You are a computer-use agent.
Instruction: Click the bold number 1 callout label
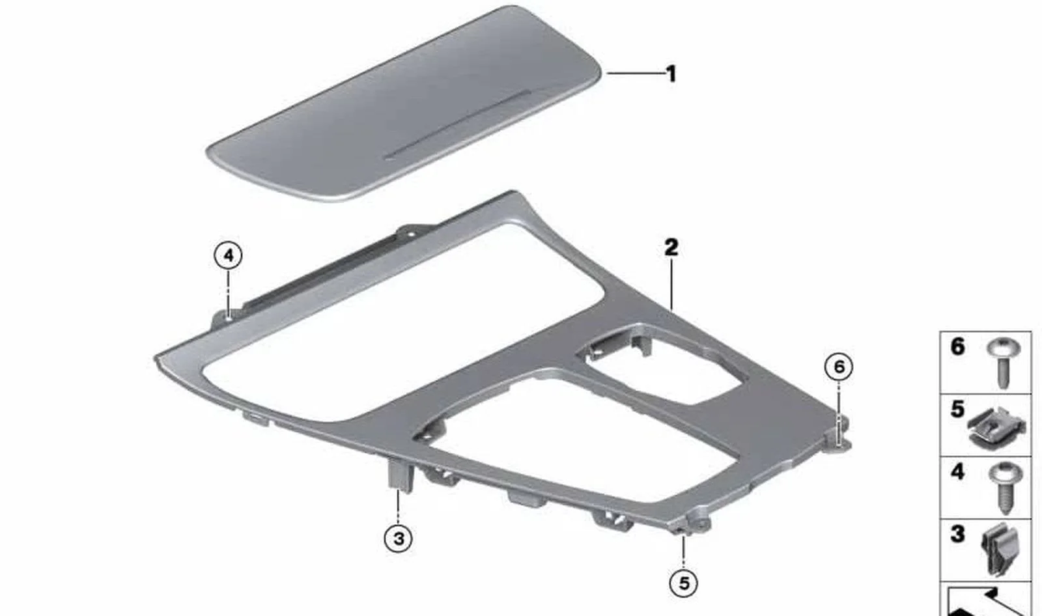pos(671,74)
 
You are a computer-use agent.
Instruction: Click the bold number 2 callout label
pos(671,247)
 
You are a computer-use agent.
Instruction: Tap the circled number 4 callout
pos(228,256)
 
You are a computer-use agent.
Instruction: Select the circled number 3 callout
pos(398,539)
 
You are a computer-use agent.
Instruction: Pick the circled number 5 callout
pos(683,583)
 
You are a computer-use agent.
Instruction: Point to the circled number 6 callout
pos(839,367)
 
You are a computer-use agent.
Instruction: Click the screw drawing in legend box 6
pos(1004,363)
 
